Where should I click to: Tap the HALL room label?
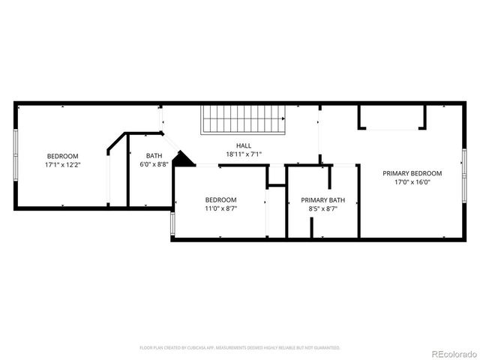(244, 145)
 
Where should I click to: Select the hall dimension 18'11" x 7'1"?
(244, 154)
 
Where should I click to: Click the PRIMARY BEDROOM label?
(412, 173)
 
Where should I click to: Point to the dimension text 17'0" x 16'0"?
(412, 182)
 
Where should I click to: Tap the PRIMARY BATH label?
(322, 200)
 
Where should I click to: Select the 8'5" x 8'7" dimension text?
(322, 209)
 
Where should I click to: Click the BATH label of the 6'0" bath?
(154, 156)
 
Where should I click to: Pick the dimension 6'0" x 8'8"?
(154, 165)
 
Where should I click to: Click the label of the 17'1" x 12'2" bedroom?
(62, 156)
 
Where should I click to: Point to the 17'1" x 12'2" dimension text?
(62, 165)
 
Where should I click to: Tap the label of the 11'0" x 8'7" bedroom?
(221, 199)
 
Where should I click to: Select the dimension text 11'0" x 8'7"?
(221, 209)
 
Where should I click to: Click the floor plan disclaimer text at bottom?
(240, 348)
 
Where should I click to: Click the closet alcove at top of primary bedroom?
(391, 117)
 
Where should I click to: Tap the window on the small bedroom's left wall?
(172, 223)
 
